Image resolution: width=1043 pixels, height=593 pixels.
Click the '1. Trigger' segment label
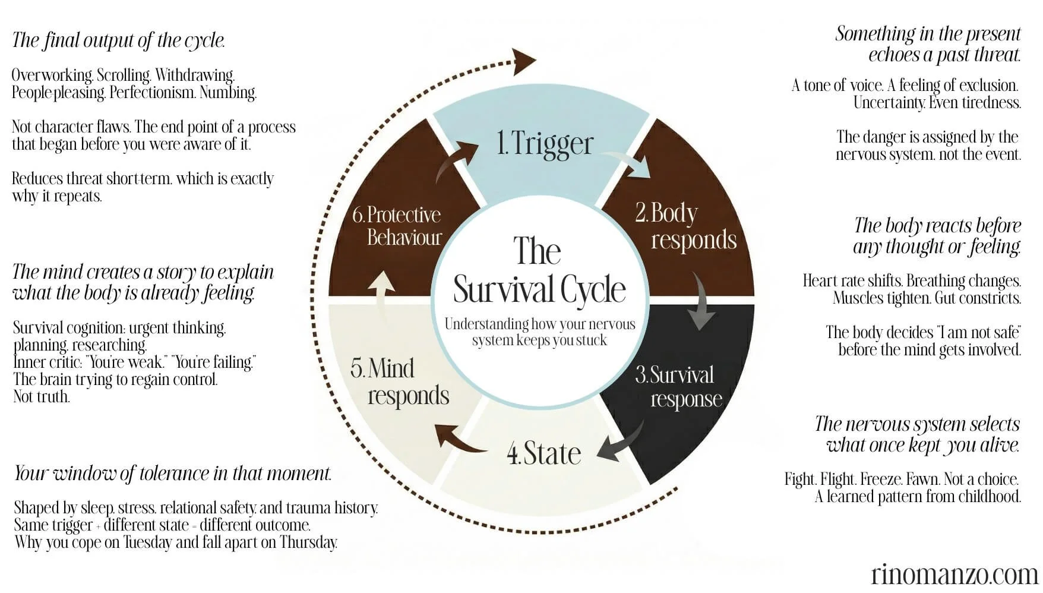click(545, 143)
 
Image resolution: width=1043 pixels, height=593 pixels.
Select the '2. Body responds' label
click(685, 226)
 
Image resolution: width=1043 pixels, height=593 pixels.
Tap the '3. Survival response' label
click(679, 386)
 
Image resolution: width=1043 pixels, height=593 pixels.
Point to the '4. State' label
click(543, 453)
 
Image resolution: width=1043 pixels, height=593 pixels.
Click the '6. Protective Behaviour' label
click(397, 226)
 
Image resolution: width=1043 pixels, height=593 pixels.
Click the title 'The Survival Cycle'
click(539, 270)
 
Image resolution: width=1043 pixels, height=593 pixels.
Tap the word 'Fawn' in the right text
click(919, 479)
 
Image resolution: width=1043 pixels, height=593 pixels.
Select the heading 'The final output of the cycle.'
click(118, 40)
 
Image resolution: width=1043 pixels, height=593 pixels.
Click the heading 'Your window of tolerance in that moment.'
click(172, 474)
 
